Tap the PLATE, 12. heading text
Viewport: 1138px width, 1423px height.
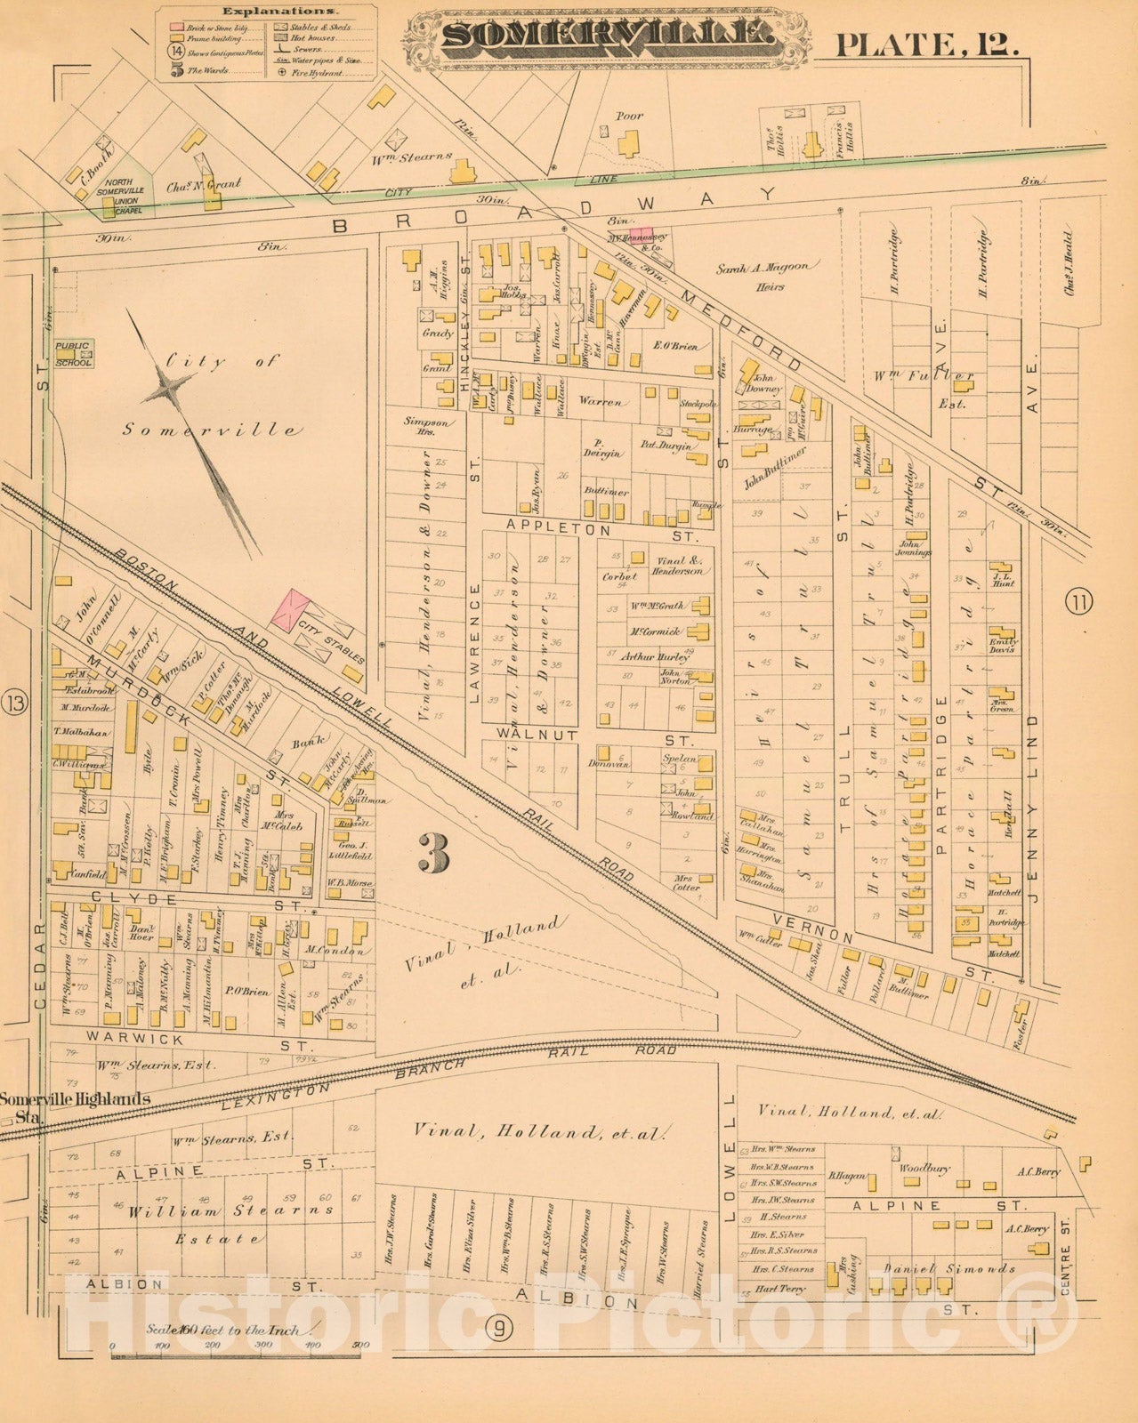(x=925, y=43)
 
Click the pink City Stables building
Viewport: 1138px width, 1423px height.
(x=290, y=611)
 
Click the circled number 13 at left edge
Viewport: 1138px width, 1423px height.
(x=15, y=703)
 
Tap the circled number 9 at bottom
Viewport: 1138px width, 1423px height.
(x=500, y=1329)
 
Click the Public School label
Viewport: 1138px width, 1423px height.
(x=73, y=354)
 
